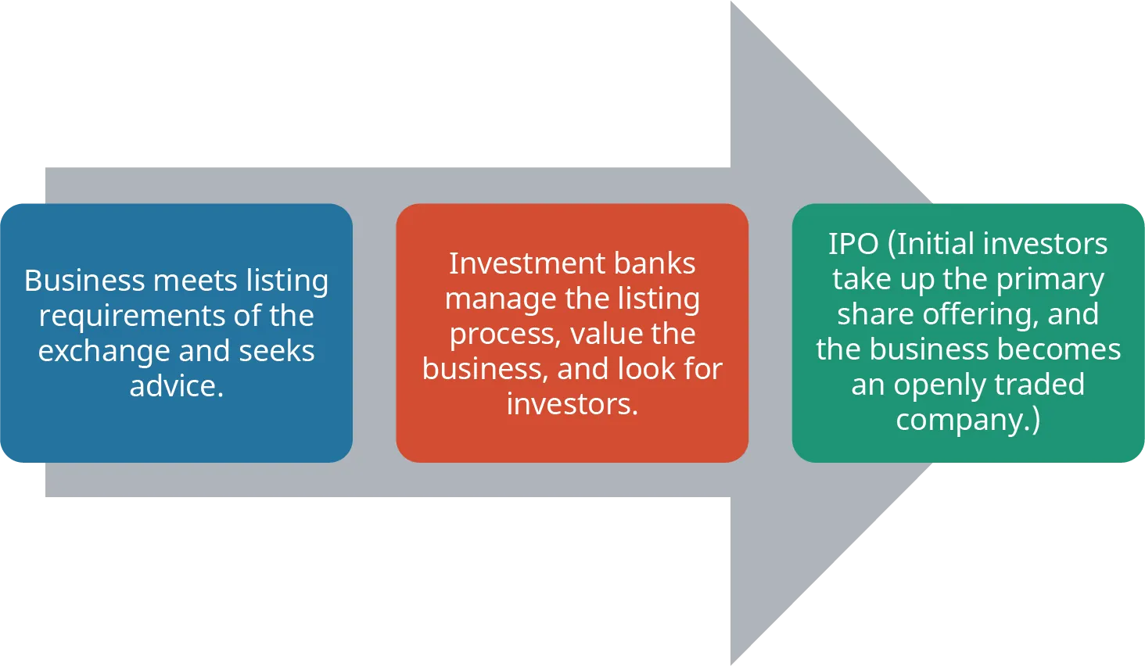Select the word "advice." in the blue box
[x=177, y=386]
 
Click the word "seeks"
[x=277, y=351]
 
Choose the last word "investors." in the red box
[x=572, y=404]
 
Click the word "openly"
[x=935, y=385]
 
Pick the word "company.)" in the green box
[x=968, y=421]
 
